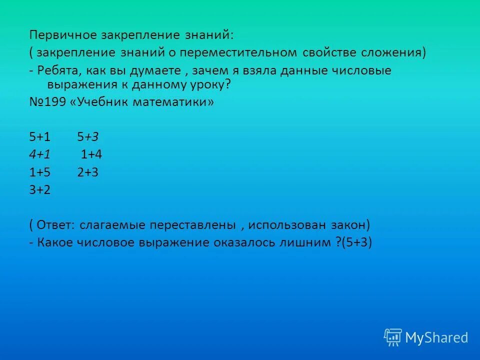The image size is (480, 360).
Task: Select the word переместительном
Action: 241,53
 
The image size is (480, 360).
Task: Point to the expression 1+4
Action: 91,154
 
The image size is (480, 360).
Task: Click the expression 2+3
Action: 87,172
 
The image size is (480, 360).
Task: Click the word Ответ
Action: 56,225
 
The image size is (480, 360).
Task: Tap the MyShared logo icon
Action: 393,337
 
